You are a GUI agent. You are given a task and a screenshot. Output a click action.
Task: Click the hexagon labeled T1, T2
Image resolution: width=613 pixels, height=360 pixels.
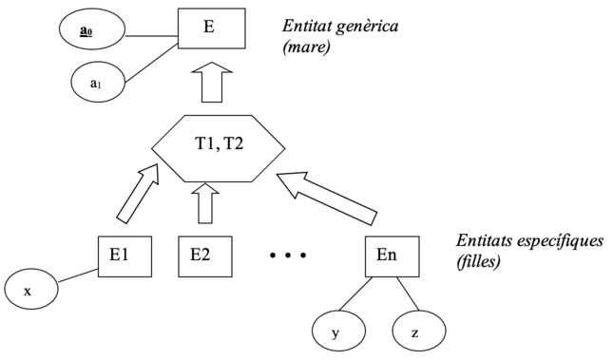point(219,146)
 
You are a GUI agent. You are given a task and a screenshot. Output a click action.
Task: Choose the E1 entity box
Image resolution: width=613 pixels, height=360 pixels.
point(125,255)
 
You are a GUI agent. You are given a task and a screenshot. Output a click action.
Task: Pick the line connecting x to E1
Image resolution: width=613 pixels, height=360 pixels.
point(78,275)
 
